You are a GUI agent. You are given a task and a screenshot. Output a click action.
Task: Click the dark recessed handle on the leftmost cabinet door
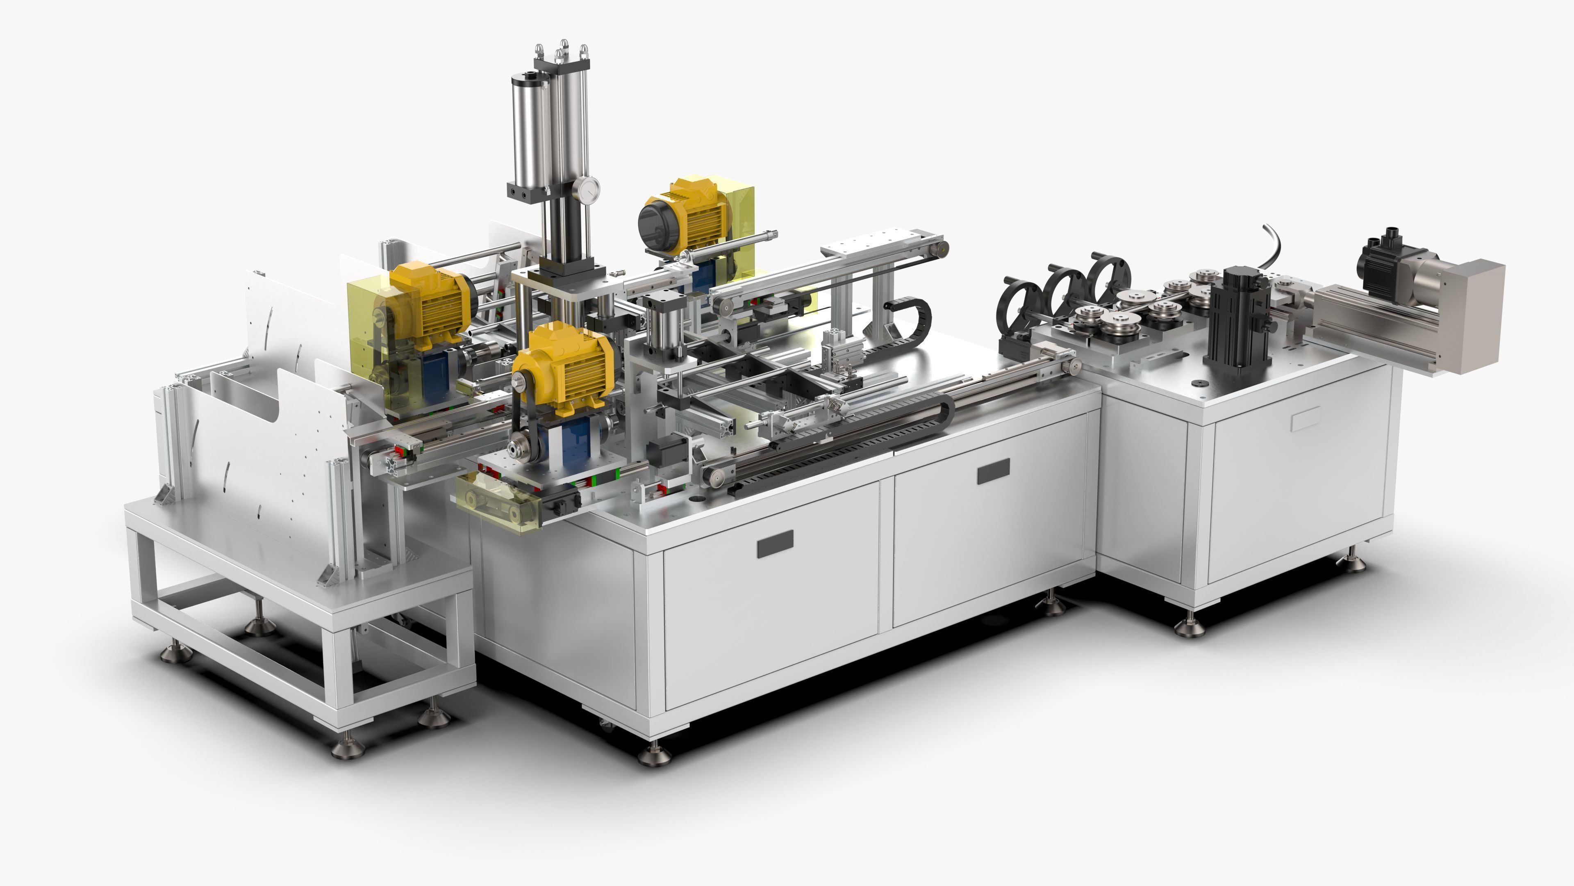(x=775, y=543)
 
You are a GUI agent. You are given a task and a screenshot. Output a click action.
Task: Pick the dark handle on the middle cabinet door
(x=993, y=471)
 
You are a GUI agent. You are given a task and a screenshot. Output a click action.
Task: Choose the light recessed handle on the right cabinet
(x=1306, y=419)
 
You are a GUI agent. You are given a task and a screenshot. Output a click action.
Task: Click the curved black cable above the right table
(x=1274, y=242)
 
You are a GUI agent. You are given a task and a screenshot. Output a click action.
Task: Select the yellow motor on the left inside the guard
(x=431, y=303)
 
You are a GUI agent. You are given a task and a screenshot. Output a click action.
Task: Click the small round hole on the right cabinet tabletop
(x=1198, y=384)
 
